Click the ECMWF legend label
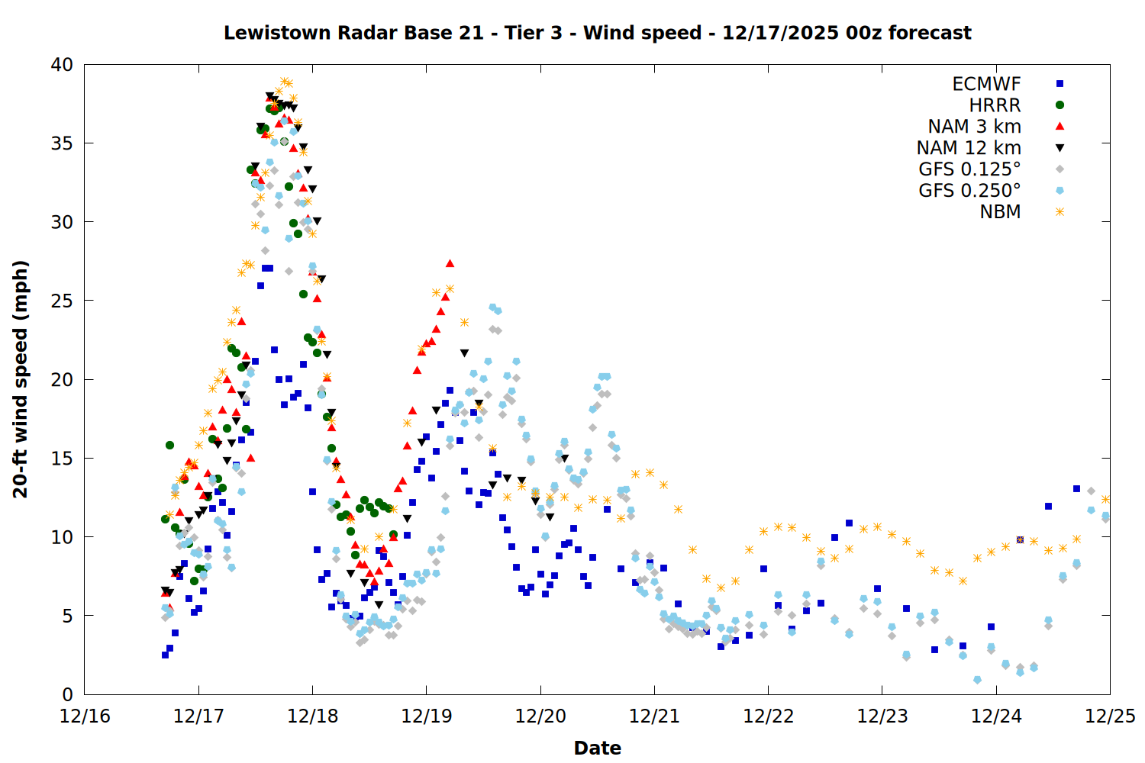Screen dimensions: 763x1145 coord(986,84)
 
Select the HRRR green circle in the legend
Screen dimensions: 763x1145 coord(1060,105)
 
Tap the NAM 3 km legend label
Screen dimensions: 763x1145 coord(974,127)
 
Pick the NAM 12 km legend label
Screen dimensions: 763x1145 coord(969,148)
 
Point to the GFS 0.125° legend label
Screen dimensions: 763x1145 coord(969,169)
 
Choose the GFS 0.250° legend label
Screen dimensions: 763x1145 coord(969,191)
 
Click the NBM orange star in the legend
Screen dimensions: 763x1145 coord(1060,212)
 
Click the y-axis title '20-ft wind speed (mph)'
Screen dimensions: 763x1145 coord(21,379)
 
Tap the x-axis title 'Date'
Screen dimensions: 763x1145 coord(597,748)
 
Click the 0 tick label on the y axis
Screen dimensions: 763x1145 coord(68,694)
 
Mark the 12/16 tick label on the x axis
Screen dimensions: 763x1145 coord(85,716)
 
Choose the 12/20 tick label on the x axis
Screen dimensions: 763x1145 coord(540,716)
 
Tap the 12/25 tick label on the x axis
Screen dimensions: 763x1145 coord(1110,716)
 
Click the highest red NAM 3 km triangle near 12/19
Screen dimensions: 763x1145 coord(450,263)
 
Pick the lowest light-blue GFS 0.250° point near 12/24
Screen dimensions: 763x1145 coord(977,679)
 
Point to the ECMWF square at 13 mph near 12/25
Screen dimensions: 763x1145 coord(1076,488)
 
